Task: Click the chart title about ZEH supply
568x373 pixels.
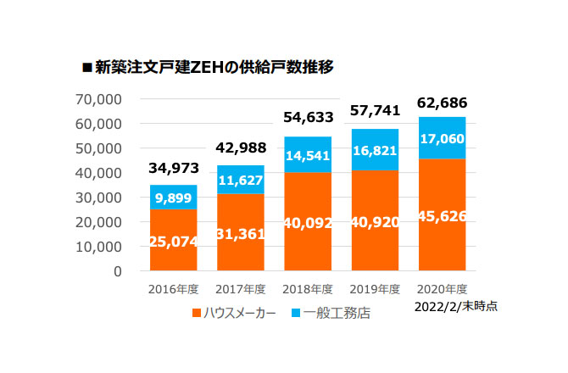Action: pos(213,67)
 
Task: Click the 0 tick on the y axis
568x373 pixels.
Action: pos(118,272)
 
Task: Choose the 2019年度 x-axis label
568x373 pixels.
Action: pos(374,287)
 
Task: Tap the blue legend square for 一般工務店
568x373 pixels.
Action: pos(297,313)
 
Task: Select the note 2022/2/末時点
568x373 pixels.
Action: pos(456,306)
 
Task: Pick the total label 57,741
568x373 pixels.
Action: pos(374,111)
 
